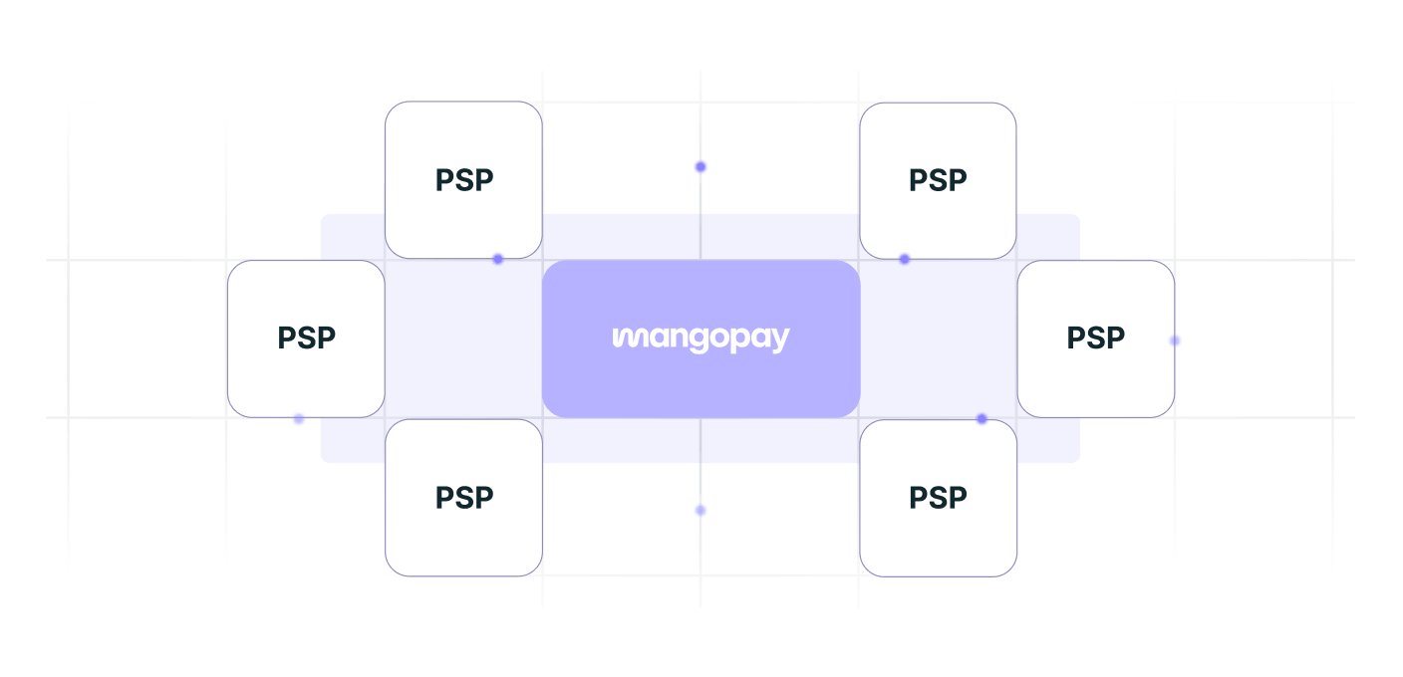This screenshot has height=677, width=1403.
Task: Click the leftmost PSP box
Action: click(306, 338)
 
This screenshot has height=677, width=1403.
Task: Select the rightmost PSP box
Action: click(1096, 338)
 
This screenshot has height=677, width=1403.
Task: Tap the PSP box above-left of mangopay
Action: click(463, 179)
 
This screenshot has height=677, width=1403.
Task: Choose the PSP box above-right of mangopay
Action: click(938, 180)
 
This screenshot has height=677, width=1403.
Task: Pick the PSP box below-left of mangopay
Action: click(463, 498)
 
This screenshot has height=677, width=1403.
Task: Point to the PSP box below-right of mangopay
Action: click(939, 498)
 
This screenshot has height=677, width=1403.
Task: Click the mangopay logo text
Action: click(701, 339)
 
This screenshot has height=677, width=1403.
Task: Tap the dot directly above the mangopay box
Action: click(701, 166)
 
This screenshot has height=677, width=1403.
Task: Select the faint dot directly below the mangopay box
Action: click(701, 511)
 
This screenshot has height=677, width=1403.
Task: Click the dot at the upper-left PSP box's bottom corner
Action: click(498, 259)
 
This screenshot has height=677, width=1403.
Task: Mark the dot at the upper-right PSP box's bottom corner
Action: click(905, 259)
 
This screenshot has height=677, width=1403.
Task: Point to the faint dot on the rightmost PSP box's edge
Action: click(1175, 340)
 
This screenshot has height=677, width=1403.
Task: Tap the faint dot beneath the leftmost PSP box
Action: click(299, 418)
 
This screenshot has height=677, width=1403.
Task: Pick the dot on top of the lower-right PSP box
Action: click(982, 418)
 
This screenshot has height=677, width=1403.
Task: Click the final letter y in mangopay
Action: click(780, 341)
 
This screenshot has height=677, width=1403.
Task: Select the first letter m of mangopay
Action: click(626, 338)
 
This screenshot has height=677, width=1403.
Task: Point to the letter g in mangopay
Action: click(700, 341)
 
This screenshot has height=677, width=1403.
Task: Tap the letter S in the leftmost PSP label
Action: click(306, 338)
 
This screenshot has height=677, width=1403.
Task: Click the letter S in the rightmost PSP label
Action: click(1096, 338)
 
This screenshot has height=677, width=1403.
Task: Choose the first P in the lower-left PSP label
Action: click(444, 498)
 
